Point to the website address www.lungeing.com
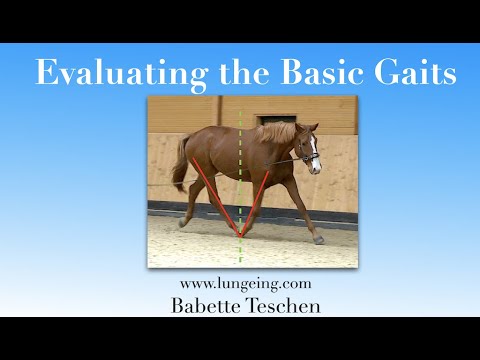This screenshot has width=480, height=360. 239,285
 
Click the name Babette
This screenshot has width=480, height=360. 204,306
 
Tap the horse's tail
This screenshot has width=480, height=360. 180,165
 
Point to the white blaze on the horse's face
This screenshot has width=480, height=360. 314,153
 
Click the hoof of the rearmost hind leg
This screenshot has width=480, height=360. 182,223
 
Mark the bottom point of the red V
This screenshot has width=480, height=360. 240,236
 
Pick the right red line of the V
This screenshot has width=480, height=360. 258,200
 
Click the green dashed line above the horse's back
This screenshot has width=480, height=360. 240,112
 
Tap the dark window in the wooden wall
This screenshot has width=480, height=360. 276,118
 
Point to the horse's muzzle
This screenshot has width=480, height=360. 317,167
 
